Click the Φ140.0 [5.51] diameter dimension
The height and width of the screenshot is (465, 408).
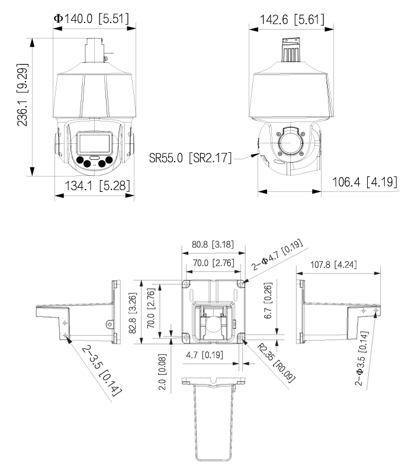[x=94, y=18]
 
